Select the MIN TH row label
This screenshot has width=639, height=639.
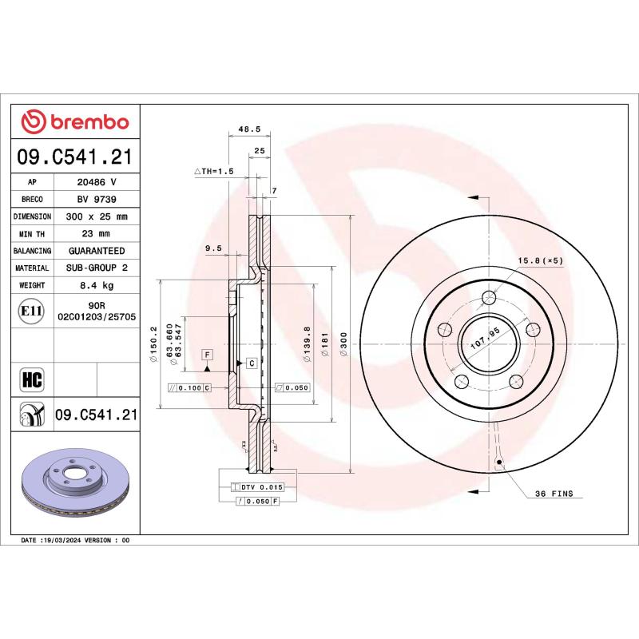point(33,234)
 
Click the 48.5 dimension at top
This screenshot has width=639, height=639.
point(250,128)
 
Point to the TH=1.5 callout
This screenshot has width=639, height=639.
point(213,171)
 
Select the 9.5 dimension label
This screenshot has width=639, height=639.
point(213,248)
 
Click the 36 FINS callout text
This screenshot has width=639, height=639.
point(554,494)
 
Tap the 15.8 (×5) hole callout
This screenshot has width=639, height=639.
point(541,260)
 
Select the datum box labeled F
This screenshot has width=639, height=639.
point(207,353)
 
